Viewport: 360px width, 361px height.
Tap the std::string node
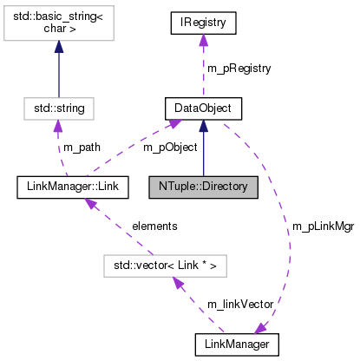coord(58,109)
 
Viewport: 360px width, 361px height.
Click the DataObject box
coord(203,109)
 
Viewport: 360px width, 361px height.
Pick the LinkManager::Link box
coord(73,186)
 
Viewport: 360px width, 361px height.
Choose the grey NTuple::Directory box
coord(203,186)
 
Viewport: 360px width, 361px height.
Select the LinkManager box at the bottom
coord(237,345)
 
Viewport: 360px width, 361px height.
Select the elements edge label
coord(154,225)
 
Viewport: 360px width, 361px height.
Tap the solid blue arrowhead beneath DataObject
coord(203,128)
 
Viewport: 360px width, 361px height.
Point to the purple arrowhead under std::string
coord(59,128)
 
